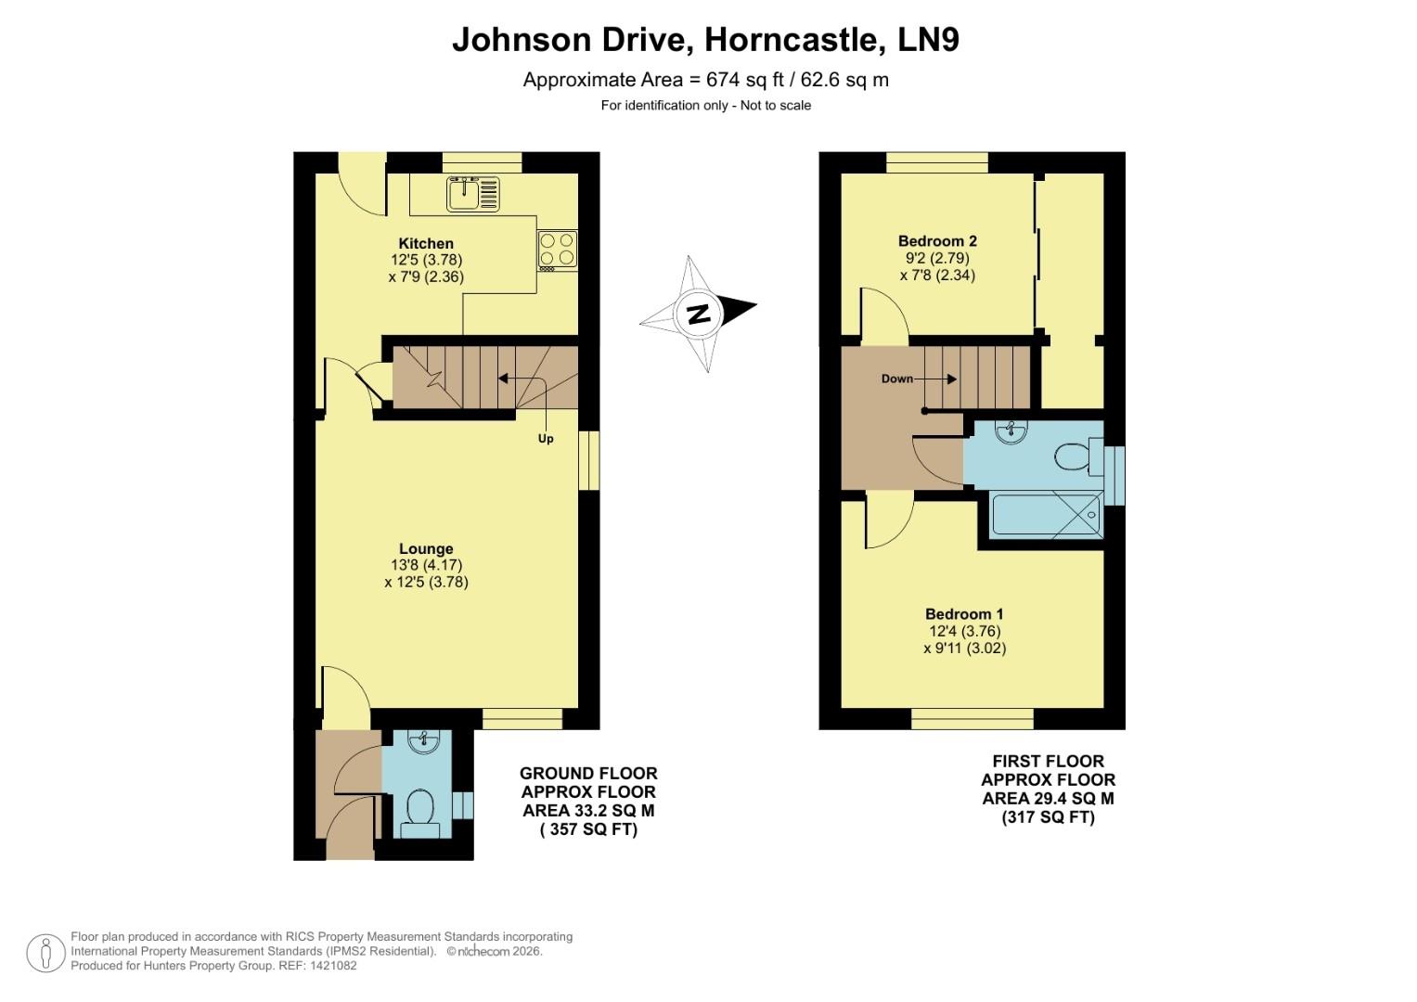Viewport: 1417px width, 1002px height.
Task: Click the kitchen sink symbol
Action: (x=473, y=194)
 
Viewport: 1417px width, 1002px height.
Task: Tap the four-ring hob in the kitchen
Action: (x=557, y=249)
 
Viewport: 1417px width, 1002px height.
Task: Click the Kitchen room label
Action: (x=426, y=244)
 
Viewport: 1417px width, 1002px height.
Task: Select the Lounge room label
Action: (x=426, y=548)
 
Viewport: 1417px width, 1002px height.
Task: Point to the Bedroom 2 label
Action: (x=937, y=241)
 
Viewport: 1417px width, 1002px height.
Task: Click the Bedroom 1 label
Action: (x=964, y=614)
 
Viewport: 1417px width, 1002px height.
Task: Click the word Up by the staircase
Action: (x=546, y=439)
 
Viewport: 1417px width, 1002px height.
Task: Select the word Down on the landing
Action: (x=896, y=379)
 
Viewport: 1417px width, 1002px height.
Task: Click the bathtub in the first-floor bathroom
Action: (x=1047, y=516)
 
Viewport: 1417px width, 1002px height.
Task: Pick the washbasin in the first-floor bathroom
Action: (x=1009, y=431)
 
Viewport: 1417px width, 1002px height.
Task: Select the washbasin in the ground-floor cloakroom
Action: (x=428, y=741)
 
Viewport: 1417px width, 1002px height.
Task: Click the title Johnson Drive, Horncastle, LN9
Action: (x=705, y=40)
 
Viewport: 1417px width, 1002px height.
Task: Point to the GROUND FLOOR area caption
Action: (x=588, y=802)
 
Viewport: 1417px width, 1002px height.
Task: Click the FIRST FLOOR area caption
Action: (x=1048, y=789)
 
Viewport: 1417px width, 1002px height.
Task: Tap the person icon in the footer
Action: (x=45, y=953)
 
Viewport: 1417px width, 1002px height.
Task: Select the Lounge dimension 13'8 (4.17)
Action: (x=426, y=565)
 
